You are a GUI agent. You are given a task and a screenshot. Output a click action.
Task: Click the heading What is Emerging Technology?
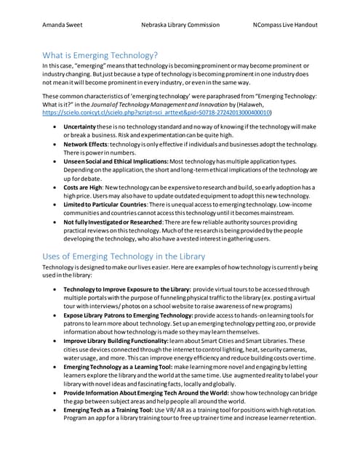(x=100, y=54)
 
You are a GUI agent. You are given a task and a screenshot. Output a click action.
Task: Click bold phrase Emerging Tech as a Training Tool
(x=109, y=410)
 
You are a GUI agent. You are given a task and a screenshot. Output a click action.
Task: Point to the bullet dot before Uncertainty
(x=56, y=126)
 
